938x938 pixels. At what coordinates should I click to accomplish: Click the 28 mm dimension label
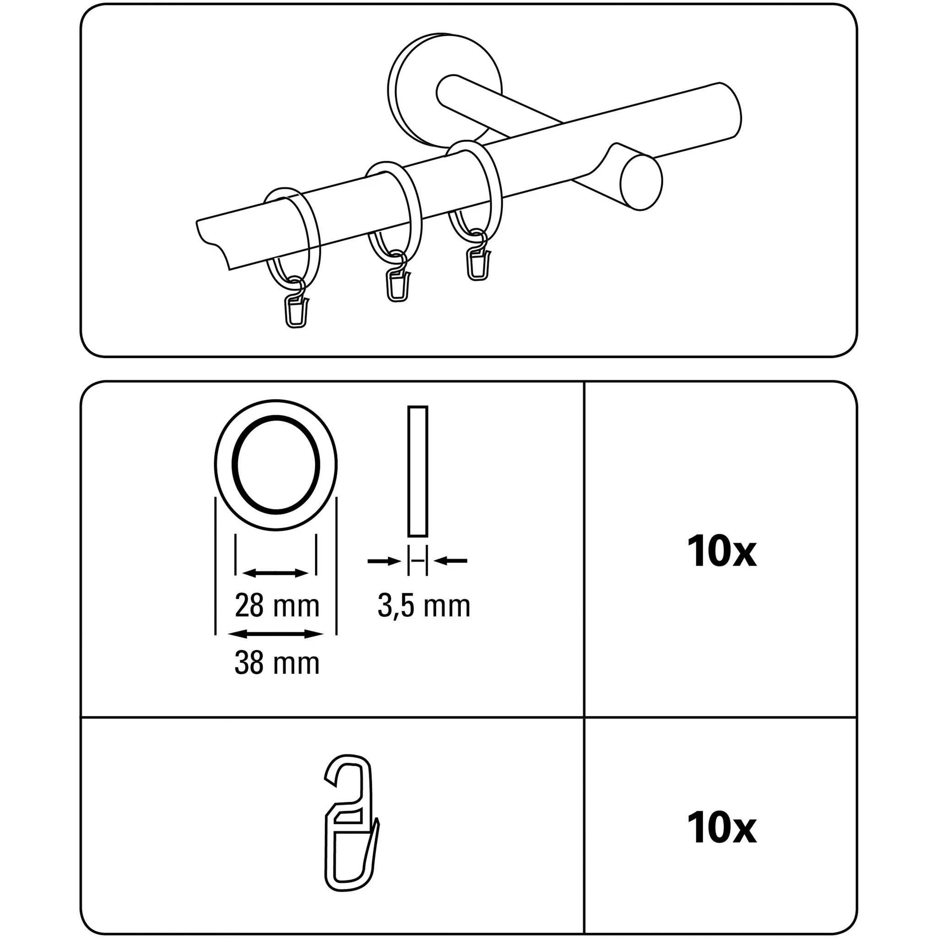[x=277, y=606]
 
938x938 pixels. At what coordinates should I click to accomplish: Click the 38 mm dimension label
[x=277, y=663]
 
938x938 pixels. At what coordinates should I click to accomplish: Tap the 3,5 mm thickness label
[x=424, y=607]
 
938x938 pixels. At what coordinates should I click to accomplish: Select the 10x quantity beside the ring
[x=721, y=551]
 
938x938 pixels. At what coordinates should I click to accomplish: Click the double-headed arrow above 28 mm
[x=275, y=573]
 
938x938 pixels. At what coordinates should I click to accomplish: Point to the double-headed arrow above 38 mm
[x=275, y=633]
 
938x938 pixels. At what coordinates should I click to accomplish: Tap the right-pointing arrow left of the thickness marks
[x=384, y=561]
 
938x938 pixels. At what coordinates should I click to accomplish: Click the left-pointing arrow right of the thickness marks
[x=451, y=561]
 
